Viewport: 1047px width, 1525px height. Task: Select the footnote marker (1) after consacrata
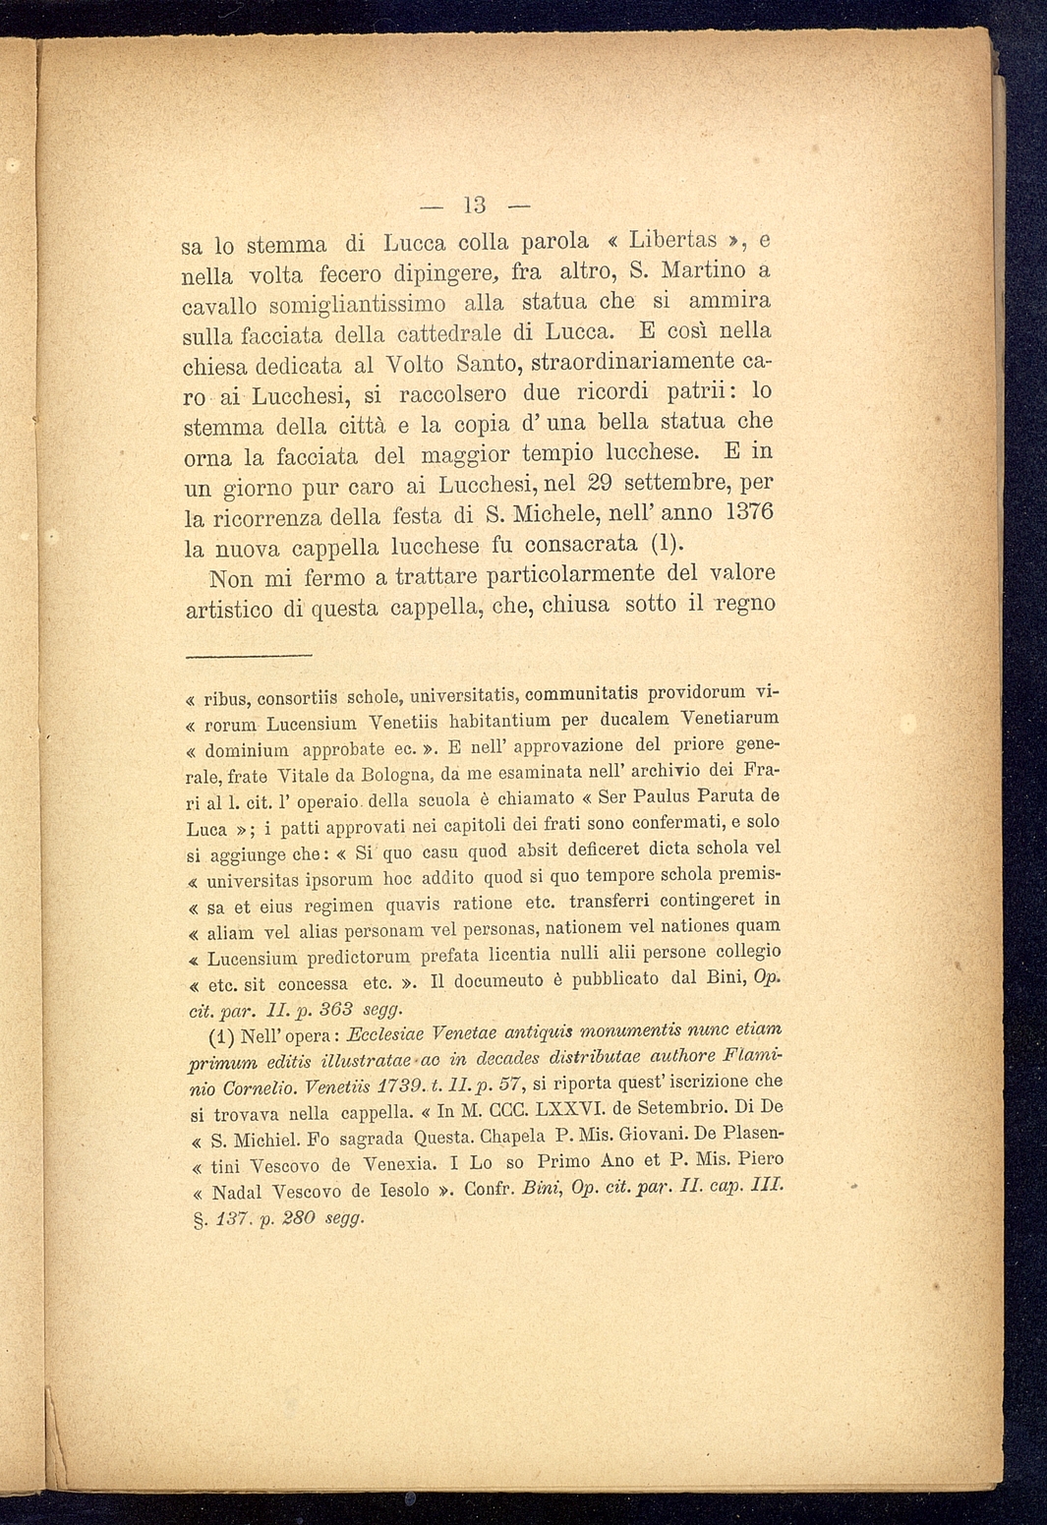coord(666,544)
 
